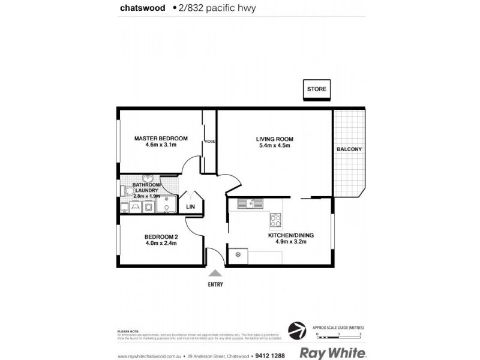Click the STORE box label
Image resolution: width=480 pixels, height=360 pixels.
click(x=316, y=89)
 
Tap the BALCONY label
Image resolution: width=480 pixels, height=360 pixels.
click(x=349, y=149)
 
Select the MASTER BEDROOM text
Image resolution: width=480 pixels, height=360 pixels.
click(x=161, y=138)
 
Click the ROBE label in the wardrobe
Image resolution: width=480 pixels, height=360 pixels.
click(x=209, y=141)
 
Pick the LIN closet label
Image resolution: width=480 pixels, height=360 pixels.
click(x=191, y=206)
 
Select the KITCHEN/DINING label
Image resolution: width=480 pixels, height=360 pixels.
click(x=291, y=235)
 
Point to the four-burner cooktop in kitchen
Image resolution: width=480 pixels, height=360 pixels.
click(x=277, y=220)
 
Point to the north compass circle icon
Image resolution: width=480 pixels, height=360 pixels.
click(x=295, y=329)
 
